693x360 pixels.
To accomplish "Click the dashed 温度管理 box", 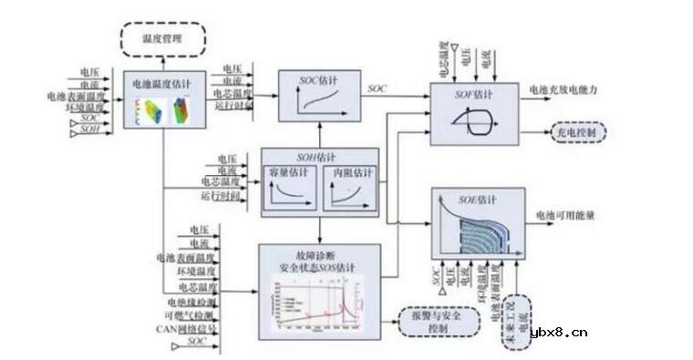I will (x=163, y=39).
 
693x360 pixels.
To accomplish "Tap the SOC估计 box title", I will (x=317, y=78).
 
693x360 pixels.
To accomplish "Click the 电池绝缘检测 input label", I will (x=191, y=302).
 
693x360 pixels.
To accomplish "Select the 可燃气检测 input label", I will (x=194, y=315).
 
